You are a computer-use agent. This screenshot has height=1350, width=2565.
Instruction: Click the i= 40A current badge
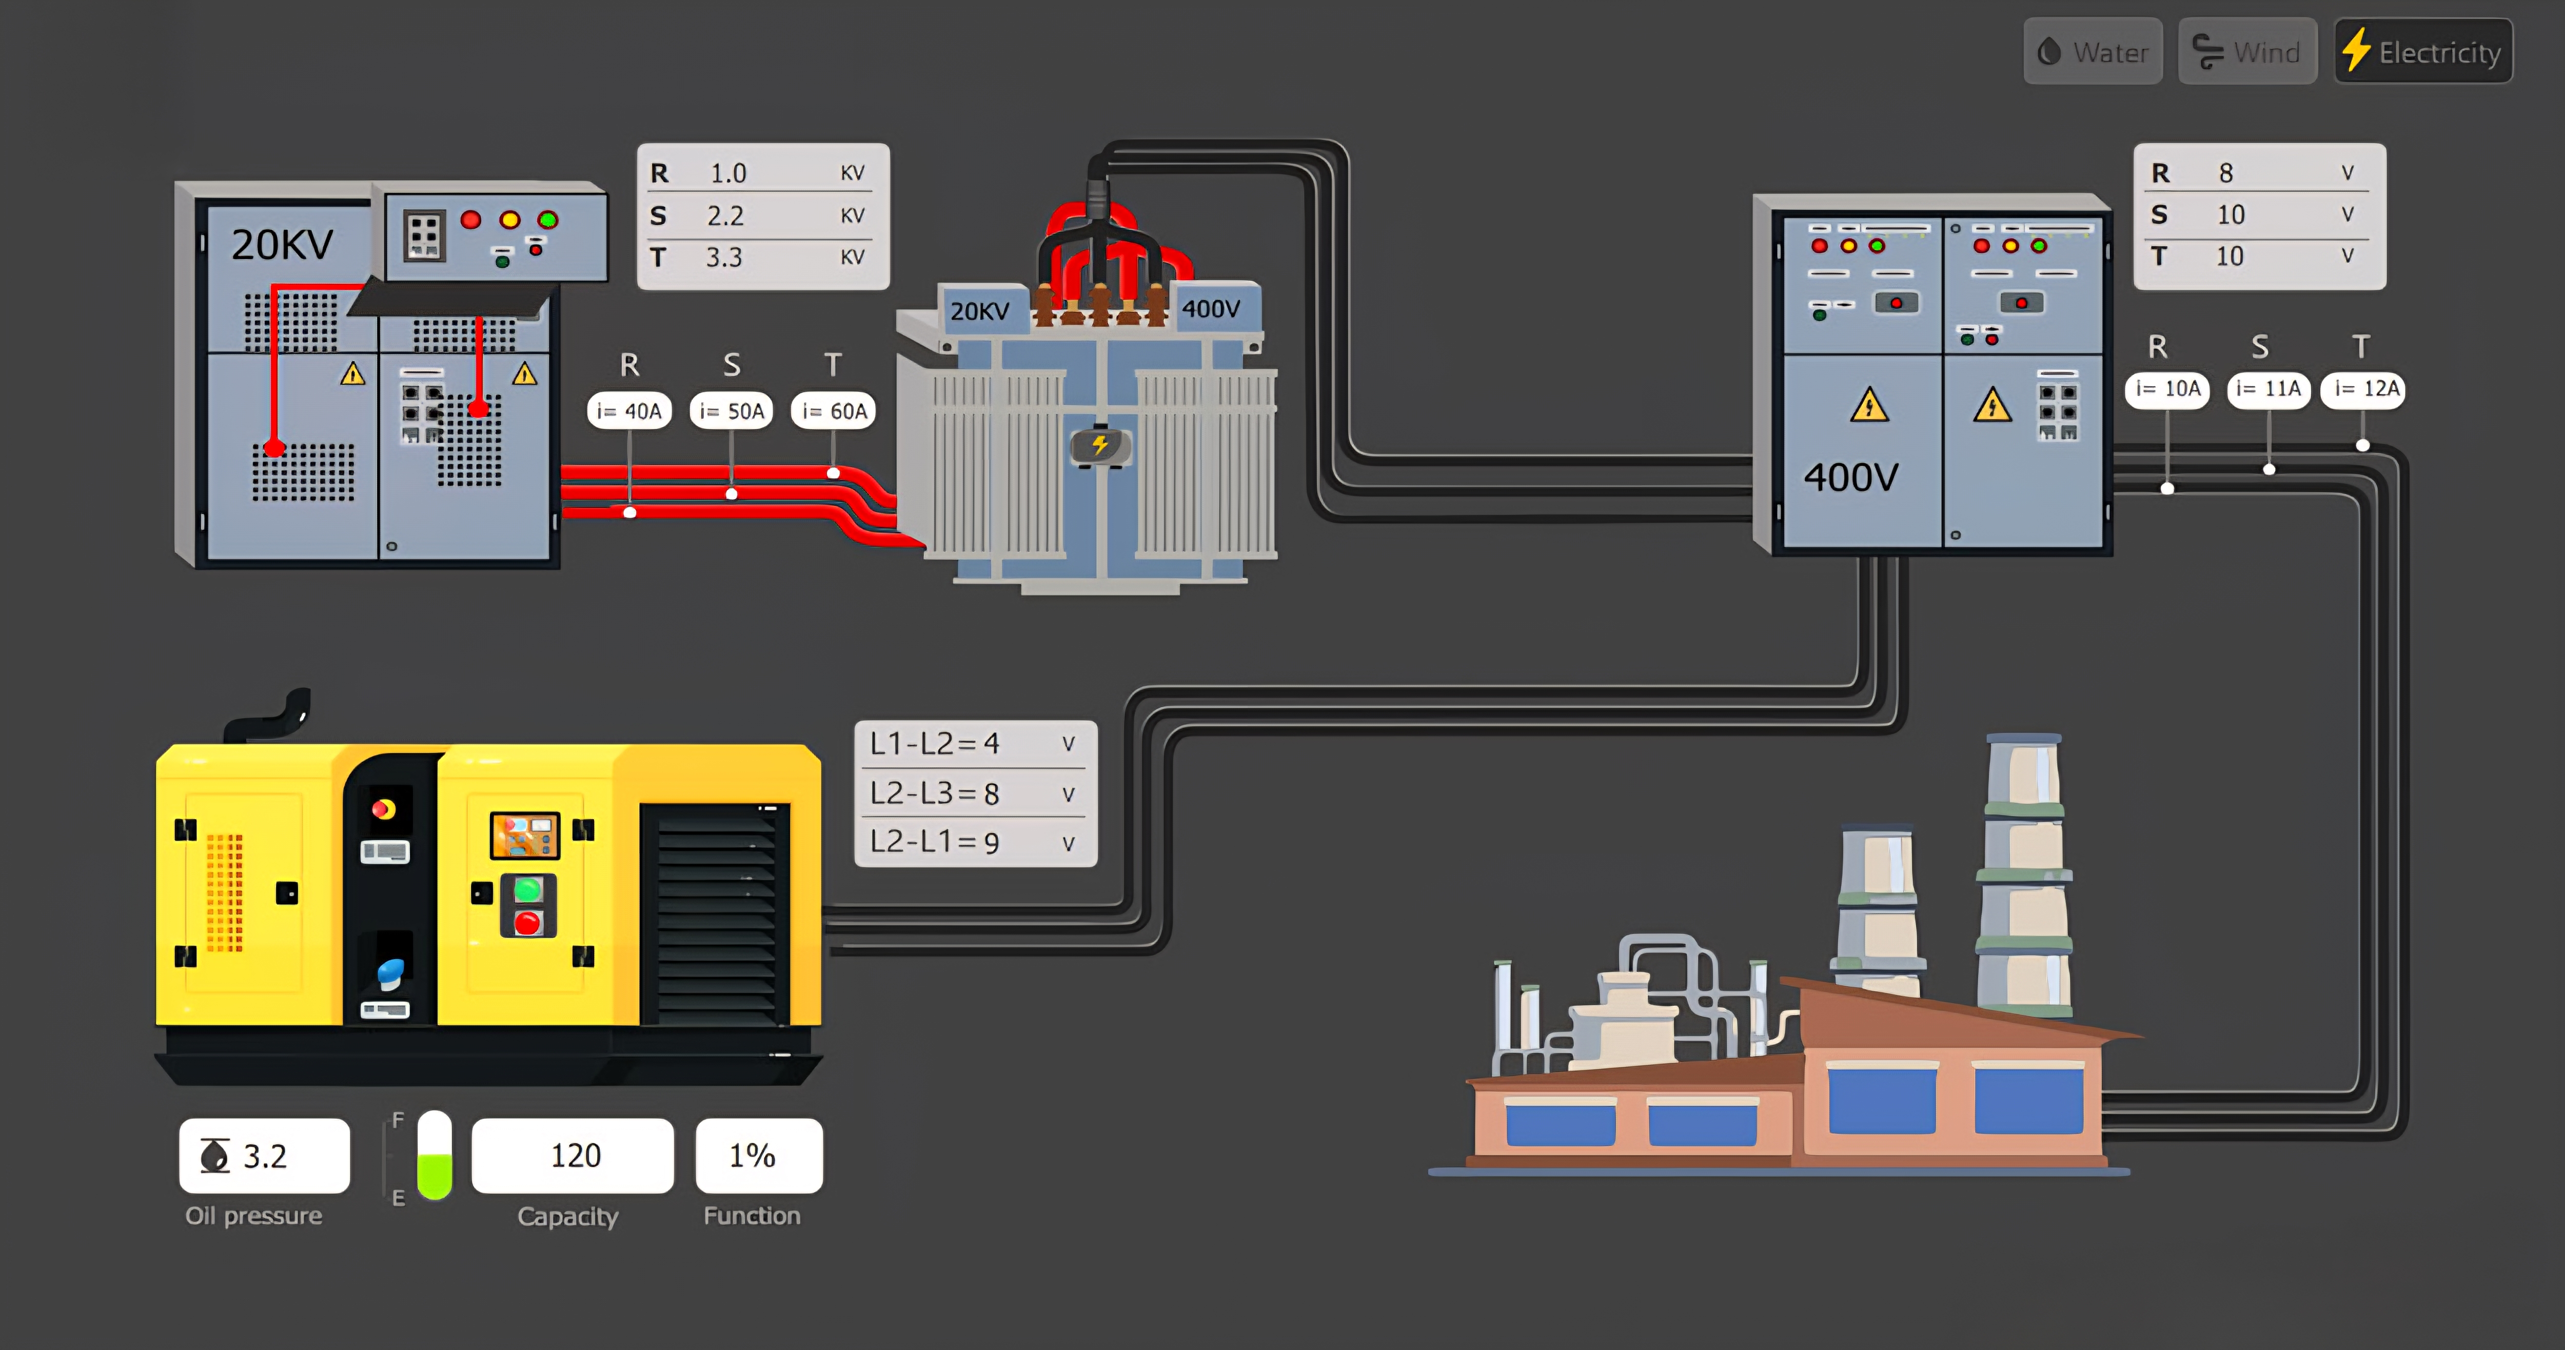[x=629, y=410]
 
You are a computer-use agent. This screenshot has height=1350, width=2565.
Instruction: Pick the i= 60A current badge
[x=834, y=410]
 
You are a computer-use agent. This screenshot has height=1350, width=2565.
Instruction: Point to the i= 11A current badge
[x=2268, y=388]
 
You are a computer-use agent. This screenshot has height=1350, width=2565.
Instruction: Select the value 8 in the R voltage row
[x=2226, y=173]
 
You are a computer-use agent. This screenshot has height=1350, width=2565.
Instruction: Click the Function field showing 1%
[x=759, y=1155]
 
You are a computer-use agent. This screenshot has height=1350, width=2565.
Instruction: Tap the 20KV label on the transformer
[x=979, y=311]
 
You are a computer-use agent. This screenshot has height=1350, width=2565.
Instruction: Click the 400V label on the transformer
[x=1211, y=309]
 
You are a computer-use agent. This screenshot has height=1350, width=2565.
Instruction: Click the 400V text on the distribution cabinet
[x=1851, y=477]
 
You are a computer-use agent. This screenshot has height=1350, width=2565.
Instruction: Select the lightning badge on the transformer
[x=1100, y=445]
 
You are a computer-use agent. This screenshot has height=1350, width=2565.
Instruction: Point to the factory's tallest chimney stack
[x=2024, y=876]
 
